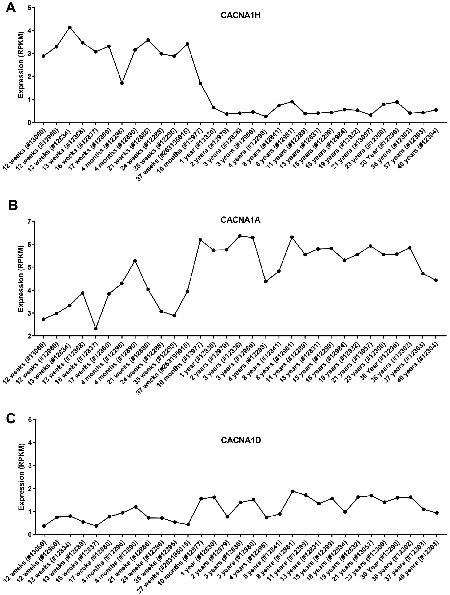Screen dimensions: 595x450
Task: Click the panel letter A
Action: tap(11, 8)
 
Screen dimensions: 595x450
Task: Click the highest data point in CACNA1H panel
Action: tap(69, 27)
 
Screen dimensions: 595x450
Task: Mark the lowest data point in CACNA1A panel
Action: tap(96, 328)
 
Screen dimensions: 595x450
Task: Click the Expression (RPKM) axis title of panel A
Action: tap(21, 65)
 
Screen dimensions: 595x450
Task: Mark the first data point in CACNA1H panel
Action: tap(43, 56)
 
